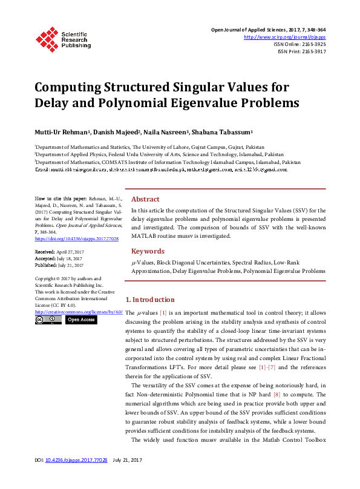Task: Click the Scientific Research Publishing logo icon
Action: pos(47,38)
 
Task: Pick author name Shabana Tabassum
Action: pos(228,132)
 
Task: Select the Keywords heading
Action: pos(148,251)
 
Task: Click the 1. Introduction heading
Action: pos(149,300)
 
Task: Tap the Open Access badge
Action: pos(80,320)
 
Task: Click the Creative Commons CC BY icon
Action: pos(48,320)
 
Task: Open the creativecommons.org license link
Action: pos(79,312)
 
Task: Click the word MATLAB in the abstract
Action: pos(145,236)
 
